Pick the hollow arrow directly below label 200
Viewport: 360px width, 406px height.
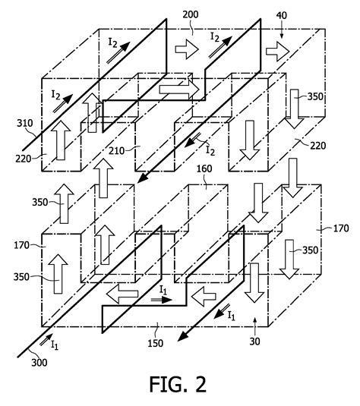(x=185, y=50)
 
